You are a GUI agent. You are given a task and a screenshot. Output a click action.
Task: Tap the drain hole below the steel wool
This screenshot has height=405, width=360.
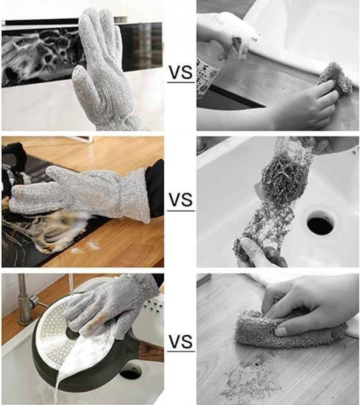[321, 223]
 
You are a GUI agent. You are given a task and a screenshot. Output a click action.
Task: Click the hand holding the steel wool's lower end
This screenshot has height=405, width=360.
[259, 252]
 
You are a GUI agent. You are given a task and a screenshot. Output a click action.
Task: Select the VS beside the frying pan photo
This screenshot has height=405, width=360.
[180, 342]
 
